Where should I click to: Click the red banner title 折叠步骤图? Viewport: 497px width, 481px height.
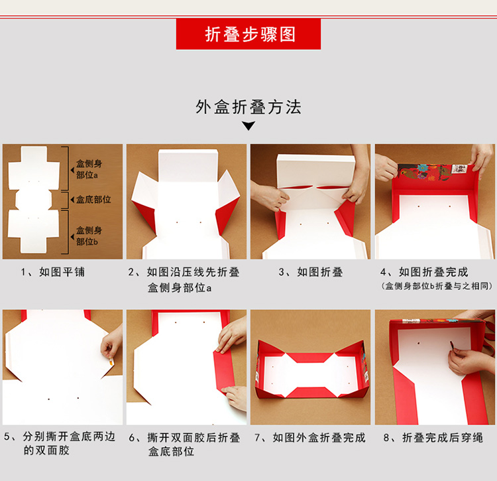[250, 34]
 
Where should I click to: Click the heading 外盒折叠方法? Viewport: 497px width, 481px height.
[248, 107]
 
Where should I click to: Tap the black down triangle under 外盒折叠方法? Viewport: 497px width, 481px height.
[248, 125]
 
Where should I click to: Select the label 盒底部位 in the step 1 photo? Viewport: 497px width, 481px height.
[93, 200]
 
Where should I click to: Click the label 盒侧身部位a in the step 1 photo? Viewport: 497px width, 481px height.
[89, 169]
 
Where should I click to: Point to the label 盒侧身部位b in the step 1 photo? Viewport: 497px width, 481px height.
[89, 236]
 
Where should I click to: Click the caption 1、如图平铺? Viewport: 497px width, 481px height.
[53, 272]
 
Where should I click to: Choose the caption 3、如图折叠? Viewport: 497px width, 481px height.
[311, 272]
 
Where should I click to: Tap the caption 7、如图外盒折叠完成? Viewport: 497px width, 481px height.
[310, 437]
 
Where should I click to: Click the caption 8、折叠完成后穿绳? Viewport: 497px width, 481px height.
[433, 437]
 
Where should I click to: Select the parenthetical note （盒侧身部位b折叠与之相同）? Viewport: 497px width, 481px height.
[437, 286]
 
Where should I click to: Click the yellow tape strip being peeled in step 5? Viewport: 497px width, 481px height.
[111, 362]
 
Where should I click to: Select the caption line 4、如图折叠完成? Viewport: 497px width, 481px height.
[424, 272]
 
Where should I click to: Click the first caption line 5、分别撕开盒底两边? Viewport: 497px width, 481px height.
[60, 437]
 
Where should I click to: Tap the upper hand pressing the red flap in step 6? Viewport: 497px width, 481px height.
[231, 335]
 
